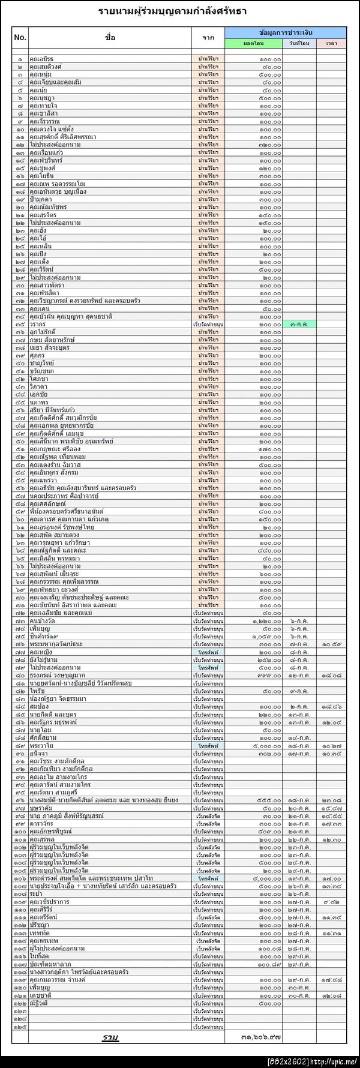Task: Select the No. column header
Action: pos(20,37)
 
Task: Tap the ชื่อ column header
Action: pos(110,37)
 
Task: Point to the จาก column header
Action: pos(208,37)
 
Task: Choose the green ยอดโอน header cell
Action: pos(253,44)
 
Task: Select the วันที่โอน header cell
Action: pos(299,44)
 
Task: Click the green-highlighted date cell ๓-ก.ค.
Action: pos(299,325)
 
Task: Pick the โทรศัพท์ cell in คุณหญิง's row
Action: pos(208,652)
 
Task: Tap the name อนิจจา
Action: pos(39,754)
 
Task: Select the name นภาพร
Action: pos(38,403)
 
